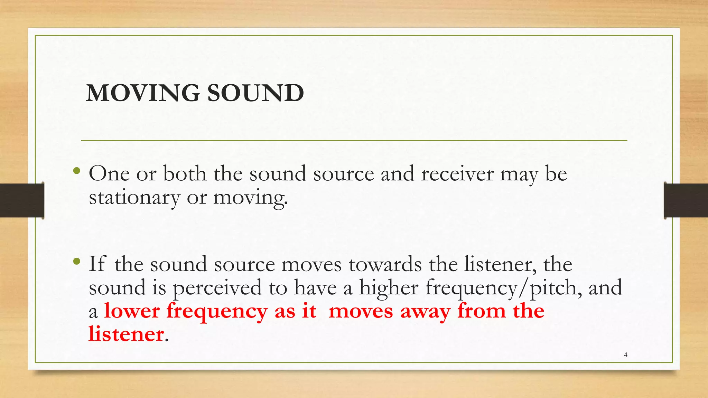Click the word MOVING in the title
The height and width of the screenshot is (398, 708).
tap(142, 93)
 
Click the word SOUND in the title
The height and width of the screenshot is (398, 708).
tap(255, 93)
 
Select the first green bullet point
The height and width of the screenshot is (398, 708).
tap(77, 171)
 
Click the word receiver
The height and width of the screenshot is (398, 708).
tap(457, 173)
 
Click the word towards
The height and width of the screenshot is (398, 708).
tap(385, 264)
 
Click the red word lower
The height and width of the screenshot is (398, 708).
tap(132, 311)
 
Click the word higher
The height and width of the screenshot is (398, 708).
tap(389, 287)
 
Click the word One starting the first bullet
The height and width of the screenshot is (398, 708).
tap(109, 173)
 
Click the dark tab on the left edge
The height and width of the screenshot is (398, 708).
tap(22, 200)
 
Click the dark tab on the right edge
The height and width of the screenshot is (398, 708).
tap(686, 200)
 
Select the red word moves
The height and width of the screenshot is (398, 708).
tap(361, 311)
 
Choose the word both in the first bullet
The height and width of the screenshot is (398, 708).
tap(185, 173)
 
